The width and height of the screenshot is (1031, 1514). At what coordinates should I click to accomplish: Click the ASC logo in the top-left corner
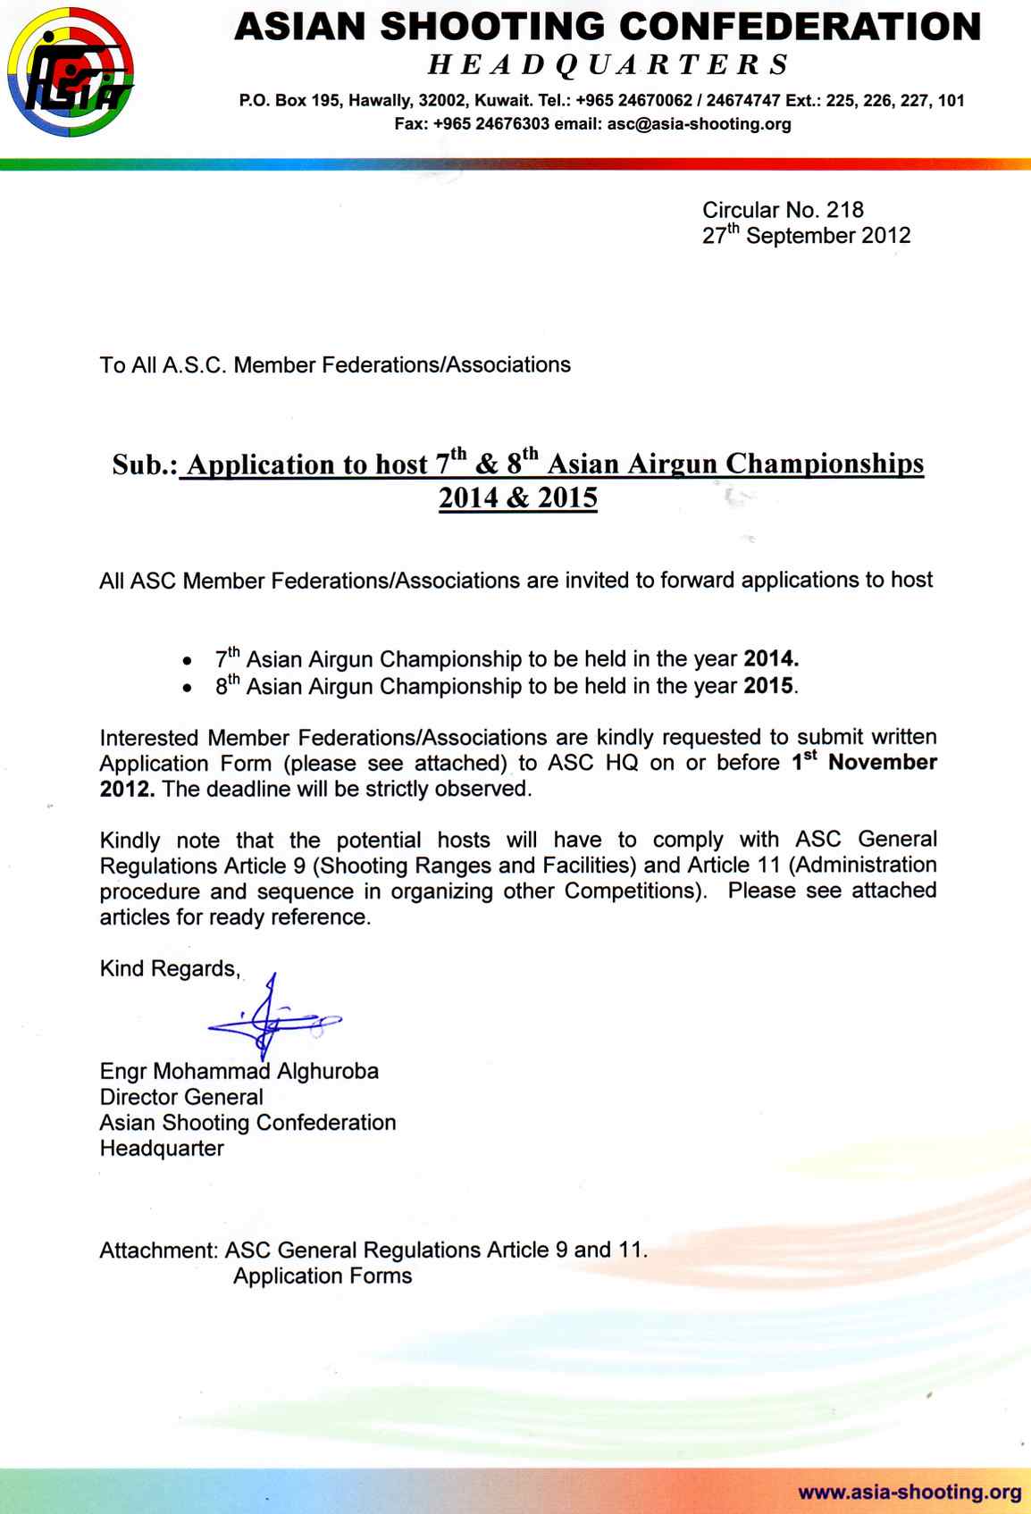point(69,78)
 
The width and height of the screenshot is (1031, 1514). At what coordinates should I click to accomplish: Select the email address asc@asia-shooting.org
point(699,124)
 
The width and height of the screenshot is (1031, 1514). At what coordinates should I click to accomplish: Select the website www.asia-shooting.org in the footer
point(909,1491)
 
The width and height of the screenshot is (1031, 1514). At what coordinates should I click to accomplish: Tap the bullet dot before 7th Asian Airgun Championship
point(185,663)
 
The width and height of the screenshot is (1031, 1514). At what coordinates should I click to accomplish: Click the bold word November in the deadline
point(883,763)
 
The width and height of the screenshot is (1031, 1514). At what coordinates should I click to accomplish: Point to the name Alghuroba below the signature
point(329,1071)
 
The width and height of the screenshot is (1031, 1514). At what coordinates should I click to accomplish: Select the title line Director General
point(181,1097)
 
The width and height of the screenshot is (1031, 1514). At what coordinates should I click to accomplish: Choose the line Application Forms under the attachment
point(323,1276)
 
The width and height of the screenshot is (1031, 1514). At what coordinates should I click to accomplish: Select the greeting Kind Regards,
point(170,969)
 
